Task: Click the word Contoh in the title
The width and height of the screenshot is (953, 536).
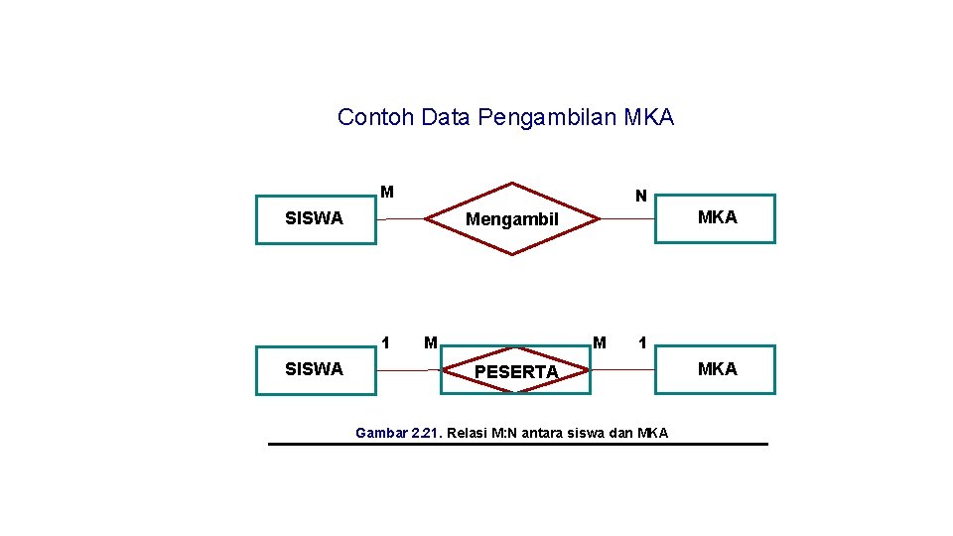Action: (x=374, y=117)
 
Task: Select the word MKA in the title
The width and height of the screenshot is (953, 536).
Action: (x=649, y=117)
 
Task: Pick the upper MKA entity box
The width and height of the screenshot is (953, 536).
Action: (x=715, y=218)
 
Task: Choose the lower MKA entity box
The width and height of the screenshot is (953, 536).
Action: (x=715, y=370)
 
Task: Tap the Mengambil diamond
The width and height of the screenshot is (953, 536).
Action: (x=512, y=219)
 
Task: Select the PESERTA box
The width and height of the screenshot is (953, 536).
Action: (x=516, y=371)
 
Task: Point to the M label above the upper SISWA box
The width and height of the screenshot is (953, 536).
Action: (x=387, y=192)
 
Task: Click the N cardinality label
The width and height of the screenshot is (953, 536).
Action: (x=641, y=197)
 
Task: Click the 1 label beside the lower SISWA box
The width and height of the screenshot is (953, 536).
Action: (x=385, y=343)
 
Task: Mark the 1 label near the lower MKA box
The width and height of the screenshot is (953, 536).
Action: (x=643, y=343)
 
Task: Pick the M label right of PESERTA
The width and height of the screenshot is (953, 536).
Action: (x=600, y=343)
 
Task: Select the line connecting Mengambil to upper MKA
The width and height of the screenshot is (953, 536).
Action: (x=627, y=218)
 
